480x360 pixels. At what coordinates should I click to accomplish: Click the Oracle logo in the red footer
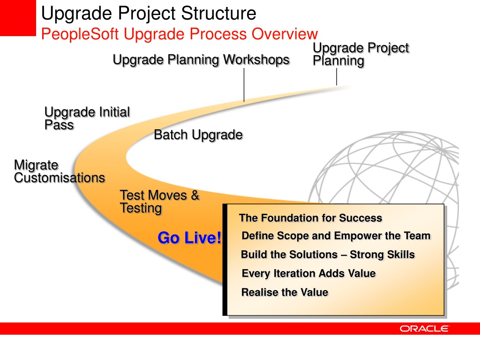point(424,329)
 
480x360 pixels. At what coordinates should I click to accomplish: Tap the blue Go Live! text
point(189,238)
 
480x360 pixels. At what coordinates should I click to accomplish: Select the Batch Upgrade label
point(198,135)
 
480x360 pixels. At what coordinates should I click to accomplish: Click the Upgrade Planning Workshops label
point(201,60)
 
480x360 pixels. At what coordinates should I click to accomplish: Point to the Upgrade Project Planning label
point(361,54)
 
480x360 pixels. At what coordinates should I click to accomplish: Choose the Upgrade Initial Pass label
point(87,119)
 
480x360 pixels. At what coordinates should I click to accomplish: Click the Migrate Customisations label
point(60,172)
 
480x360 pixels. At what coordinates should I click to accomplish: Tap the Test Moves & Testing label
point(159,202)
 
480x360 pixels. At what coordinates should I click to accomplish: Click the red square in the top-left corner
point(18,18)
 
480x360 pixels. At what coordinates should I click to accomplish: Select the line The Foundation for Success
point(311,218)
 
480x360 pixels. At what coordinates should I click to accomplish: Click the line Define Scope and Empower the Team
point(336,236)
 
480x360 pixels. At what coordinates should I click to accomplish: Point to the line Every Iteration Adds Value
point(309,273)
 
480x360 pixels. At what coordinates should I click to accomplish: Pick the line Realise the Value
point(285,292)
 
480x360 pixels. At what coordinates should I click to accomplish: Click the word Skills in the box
point(401,255)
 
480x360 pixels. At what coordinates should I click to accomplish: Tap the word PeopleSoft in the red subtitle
point(80,34)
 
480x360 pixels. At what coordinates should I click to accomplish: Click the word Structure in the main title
point(218,14)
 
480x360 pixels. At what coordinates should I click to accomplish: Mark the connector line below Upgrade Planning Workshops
point(244,85)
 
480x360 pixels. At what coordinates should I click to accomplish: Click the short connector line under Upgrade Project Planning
point(337,76)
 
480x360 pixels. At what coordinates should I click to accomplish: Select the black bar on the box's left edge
point(225,260)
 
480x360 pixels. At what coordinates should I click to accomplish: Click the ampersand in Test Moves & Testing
point(195,195)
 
